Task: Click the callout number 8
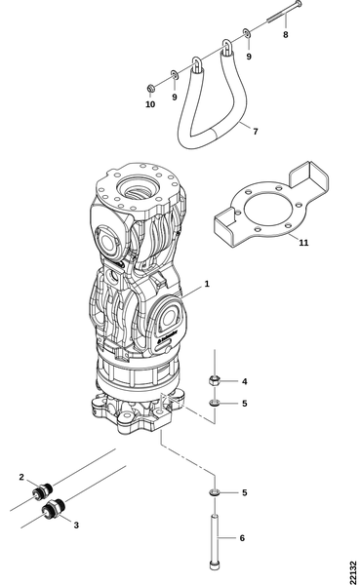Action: pos(286,35)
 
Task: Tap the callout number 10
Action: pos(150,104)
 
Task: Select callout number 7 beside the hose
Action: pos(256,132)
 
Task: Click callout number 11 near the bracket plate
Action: pos(304,243)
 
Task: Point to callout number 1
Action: pos(207,284)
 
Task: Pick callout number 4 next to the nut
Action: pos(245,381)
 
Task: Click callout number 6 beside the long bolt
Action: pos(242,538)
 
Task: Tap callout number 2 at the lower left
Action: pos(21,477)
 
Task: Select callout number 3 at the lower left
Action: pos(76,526)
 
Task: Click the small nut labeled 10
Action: pos(150,89)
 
